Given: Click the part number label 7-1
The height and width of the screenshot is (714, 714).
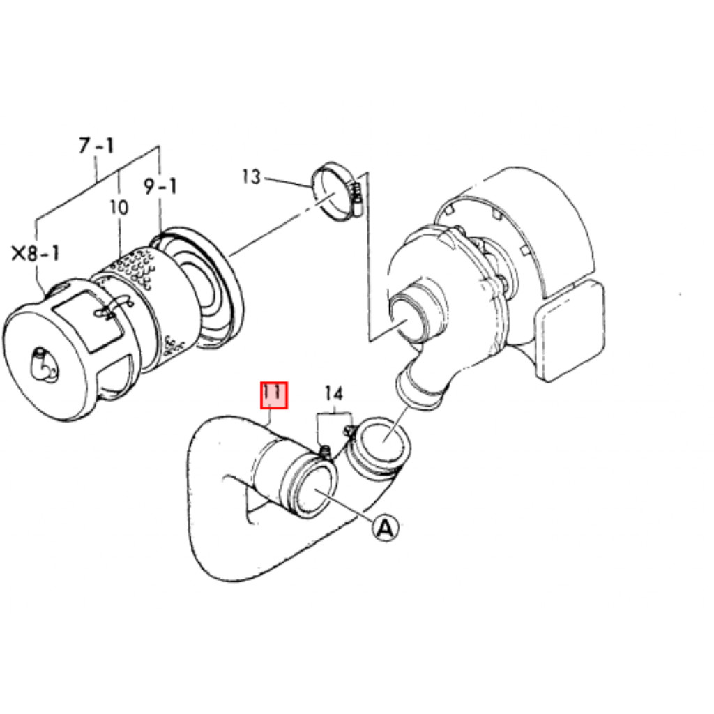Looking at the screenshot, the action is coord(96,146).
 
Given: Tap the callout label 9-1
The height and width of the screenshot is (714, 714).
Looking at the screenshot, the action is coord(160,186).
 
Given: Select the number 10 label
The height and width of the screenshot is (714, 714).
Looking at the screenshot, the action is coord(119,208).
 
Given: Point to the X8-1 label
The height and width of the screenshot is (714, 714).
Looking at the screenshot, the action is coord(36,253).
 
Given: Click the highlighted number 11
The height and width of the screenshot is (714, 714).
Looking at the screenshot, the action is coord(274,395).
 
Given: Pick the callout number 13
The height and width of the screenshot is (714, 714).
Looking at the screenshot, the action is coord(251,176).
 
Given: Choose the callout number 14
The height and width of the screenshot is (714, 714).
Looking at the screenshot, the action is coord(333,393).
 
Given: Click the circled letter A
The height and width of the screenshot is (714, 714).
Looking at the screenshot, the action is coord(385,529).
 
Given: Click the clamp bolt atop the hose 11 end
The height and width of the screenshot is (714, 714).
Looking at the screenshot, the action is coord(325,452).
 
